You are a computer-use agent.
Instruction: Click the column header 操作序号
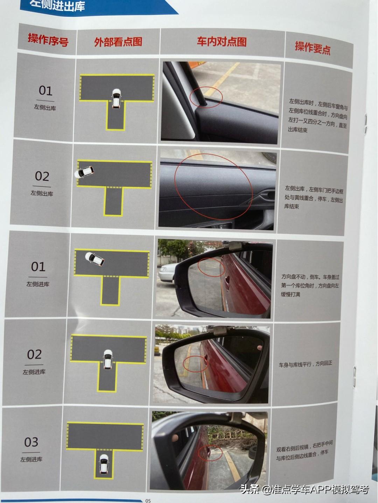coord(48,40)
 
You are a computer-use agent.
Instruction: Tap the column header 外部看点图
coord(118,42)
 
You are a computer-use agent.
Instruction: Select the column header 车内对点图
coord(222,42)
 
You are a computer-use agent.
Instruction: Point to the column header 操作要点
coord(313,48)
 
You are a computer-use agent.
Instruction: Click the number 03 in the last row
coord(31,442)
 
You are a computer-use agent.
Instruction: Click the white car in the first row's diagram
coord(116,99)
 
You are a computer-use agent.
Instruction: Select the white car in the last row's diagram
coord(104,464)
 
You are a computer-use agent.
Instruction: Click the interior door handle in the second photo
coord(266,195)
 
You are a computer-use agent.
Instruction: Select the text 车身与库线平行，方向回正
coord(305,364)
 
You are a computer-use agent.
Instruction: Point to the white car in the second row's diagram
coord(84,172)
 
